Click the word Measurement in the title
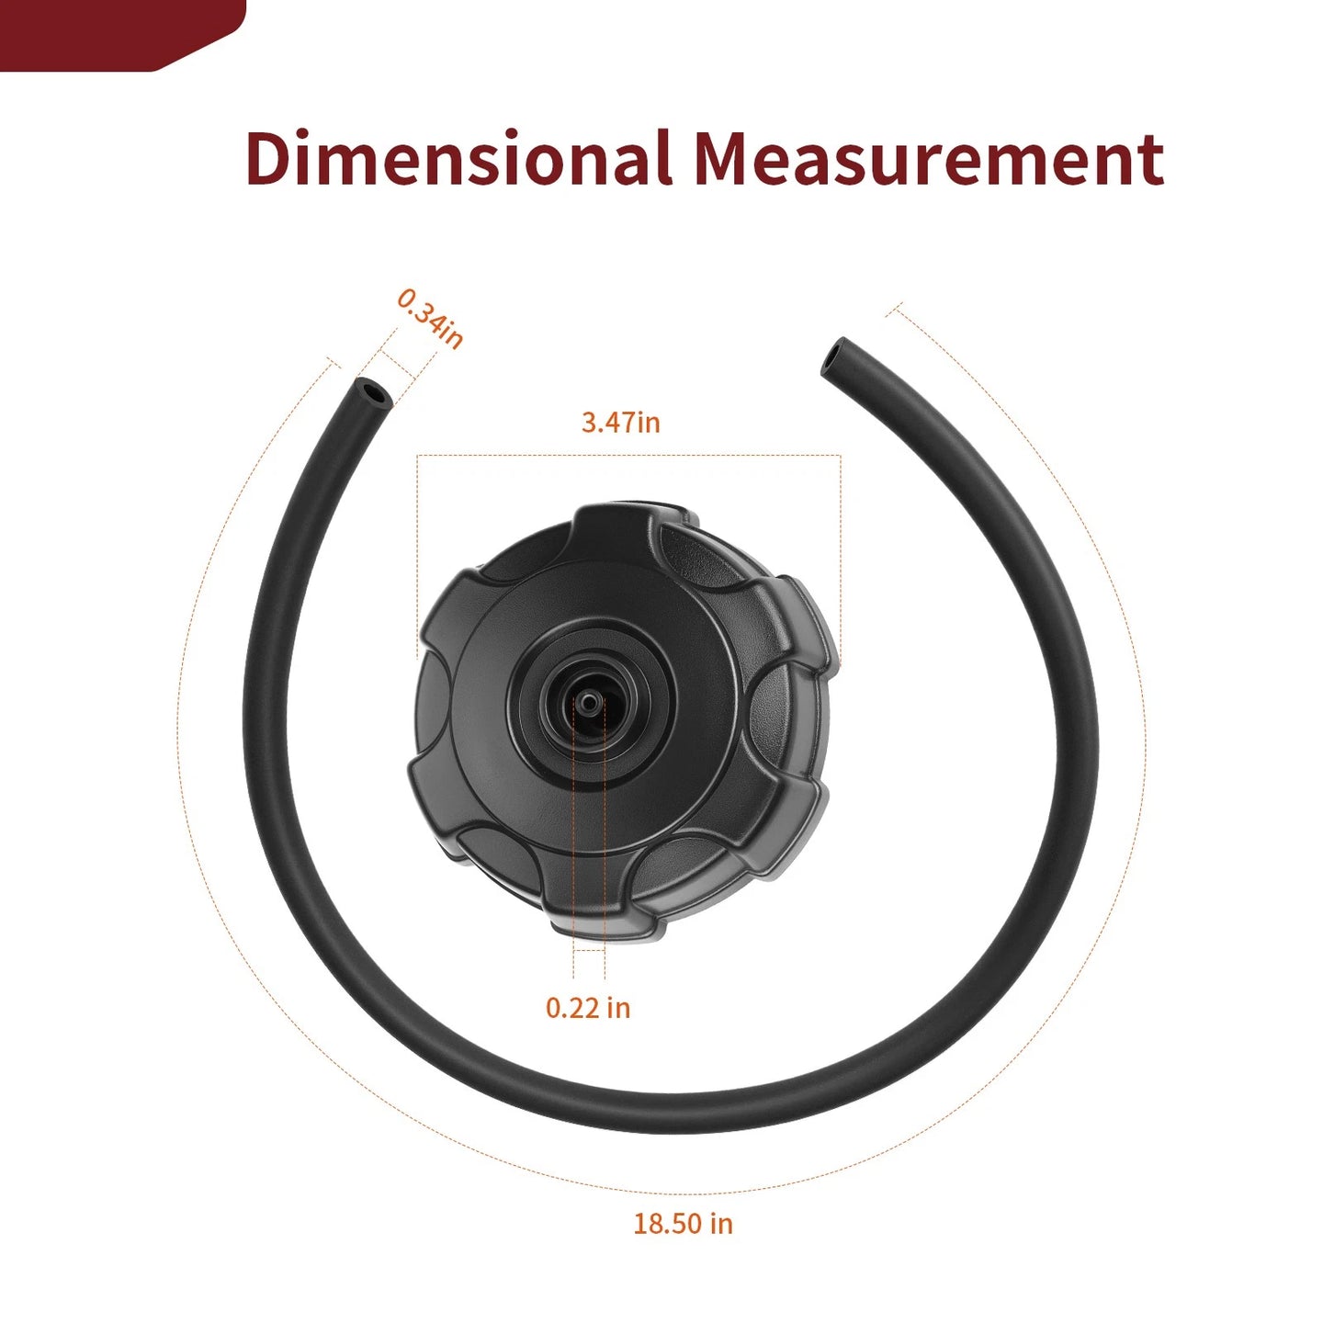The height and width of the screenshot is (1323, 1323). tap(929, 158)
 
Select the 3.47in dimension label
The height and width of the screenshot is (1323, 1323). tap(621, 423)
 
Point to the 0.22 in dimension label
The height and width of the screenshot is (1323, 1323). tap(588, 1007)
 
